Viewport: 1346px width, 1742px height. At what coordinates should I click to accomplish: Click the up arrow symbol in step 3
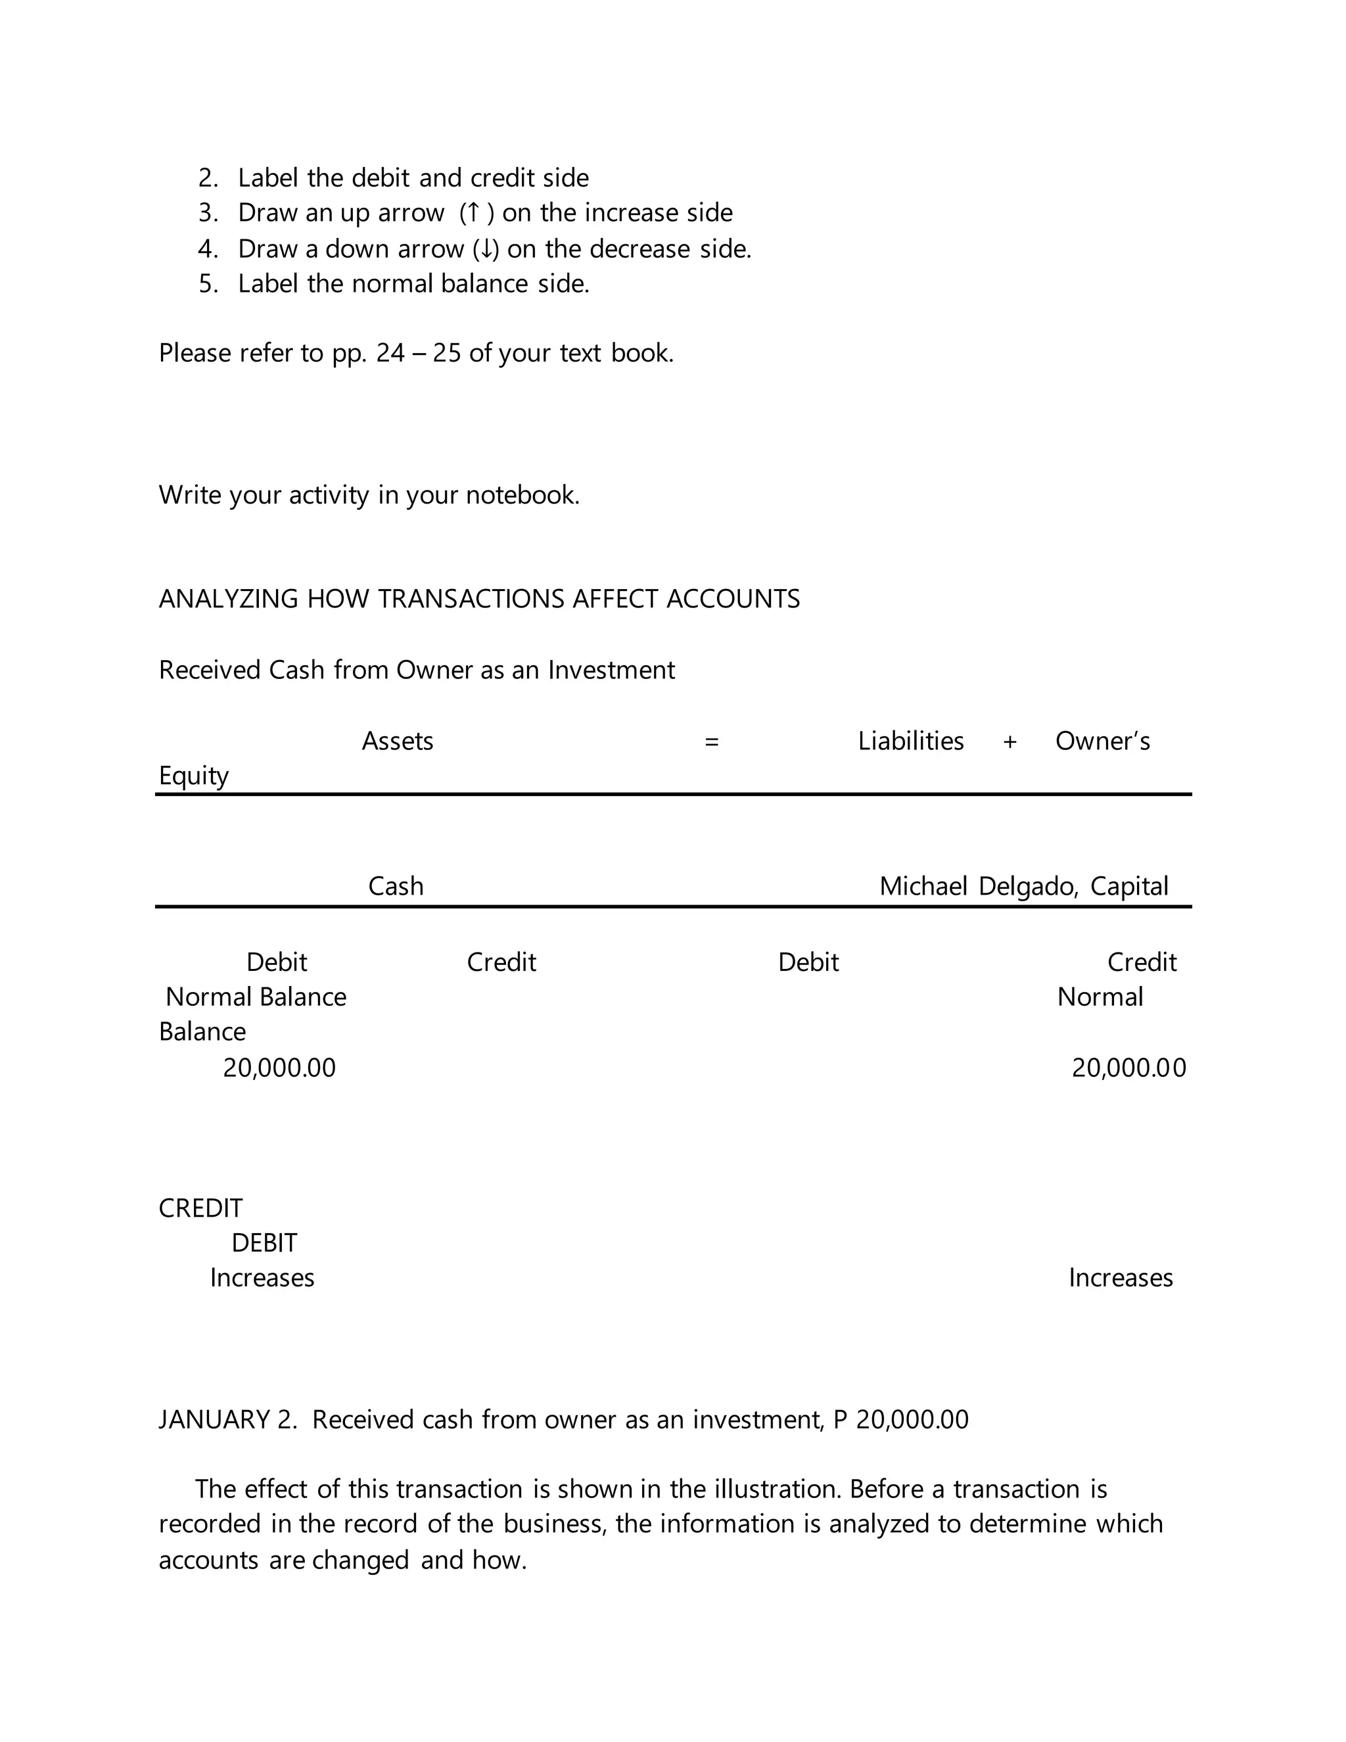(473, 213)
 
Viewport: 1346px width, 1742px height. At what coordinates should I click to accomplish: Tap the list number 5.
(207, 284)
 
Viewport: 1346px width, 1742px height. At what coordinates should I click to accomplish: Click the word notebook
(522, 496)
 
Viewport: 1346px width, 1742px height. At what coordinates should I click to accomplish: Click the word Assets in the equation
(397, 741)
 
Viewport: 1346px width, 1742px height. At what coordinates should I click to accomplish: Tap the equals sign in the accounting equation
(711, 742)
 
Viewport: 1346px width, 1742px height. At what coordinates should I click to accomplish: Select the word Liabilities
(911, 741)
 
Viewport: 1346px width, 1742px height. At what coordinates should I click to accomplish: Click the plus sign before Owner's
(1009, 742)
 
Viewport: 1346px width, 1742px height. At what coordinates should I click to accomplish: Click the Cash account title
(396, 886)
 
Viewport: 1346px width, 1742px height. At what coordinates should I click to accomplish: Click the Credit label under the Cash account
(501, 962)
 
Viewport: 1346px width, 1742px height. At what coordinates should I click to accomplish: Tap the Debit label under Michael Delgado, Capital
(808, 962)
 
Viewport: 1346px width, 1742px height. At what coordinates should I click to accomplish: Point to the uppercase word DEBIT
(264, 1242)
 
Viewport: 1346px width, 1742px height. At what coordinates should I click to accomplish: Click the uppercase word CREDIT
(200, 1208)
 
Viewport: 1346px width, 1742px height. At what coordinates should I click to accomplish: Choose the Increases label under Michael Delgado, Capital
(1121, 1278)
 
